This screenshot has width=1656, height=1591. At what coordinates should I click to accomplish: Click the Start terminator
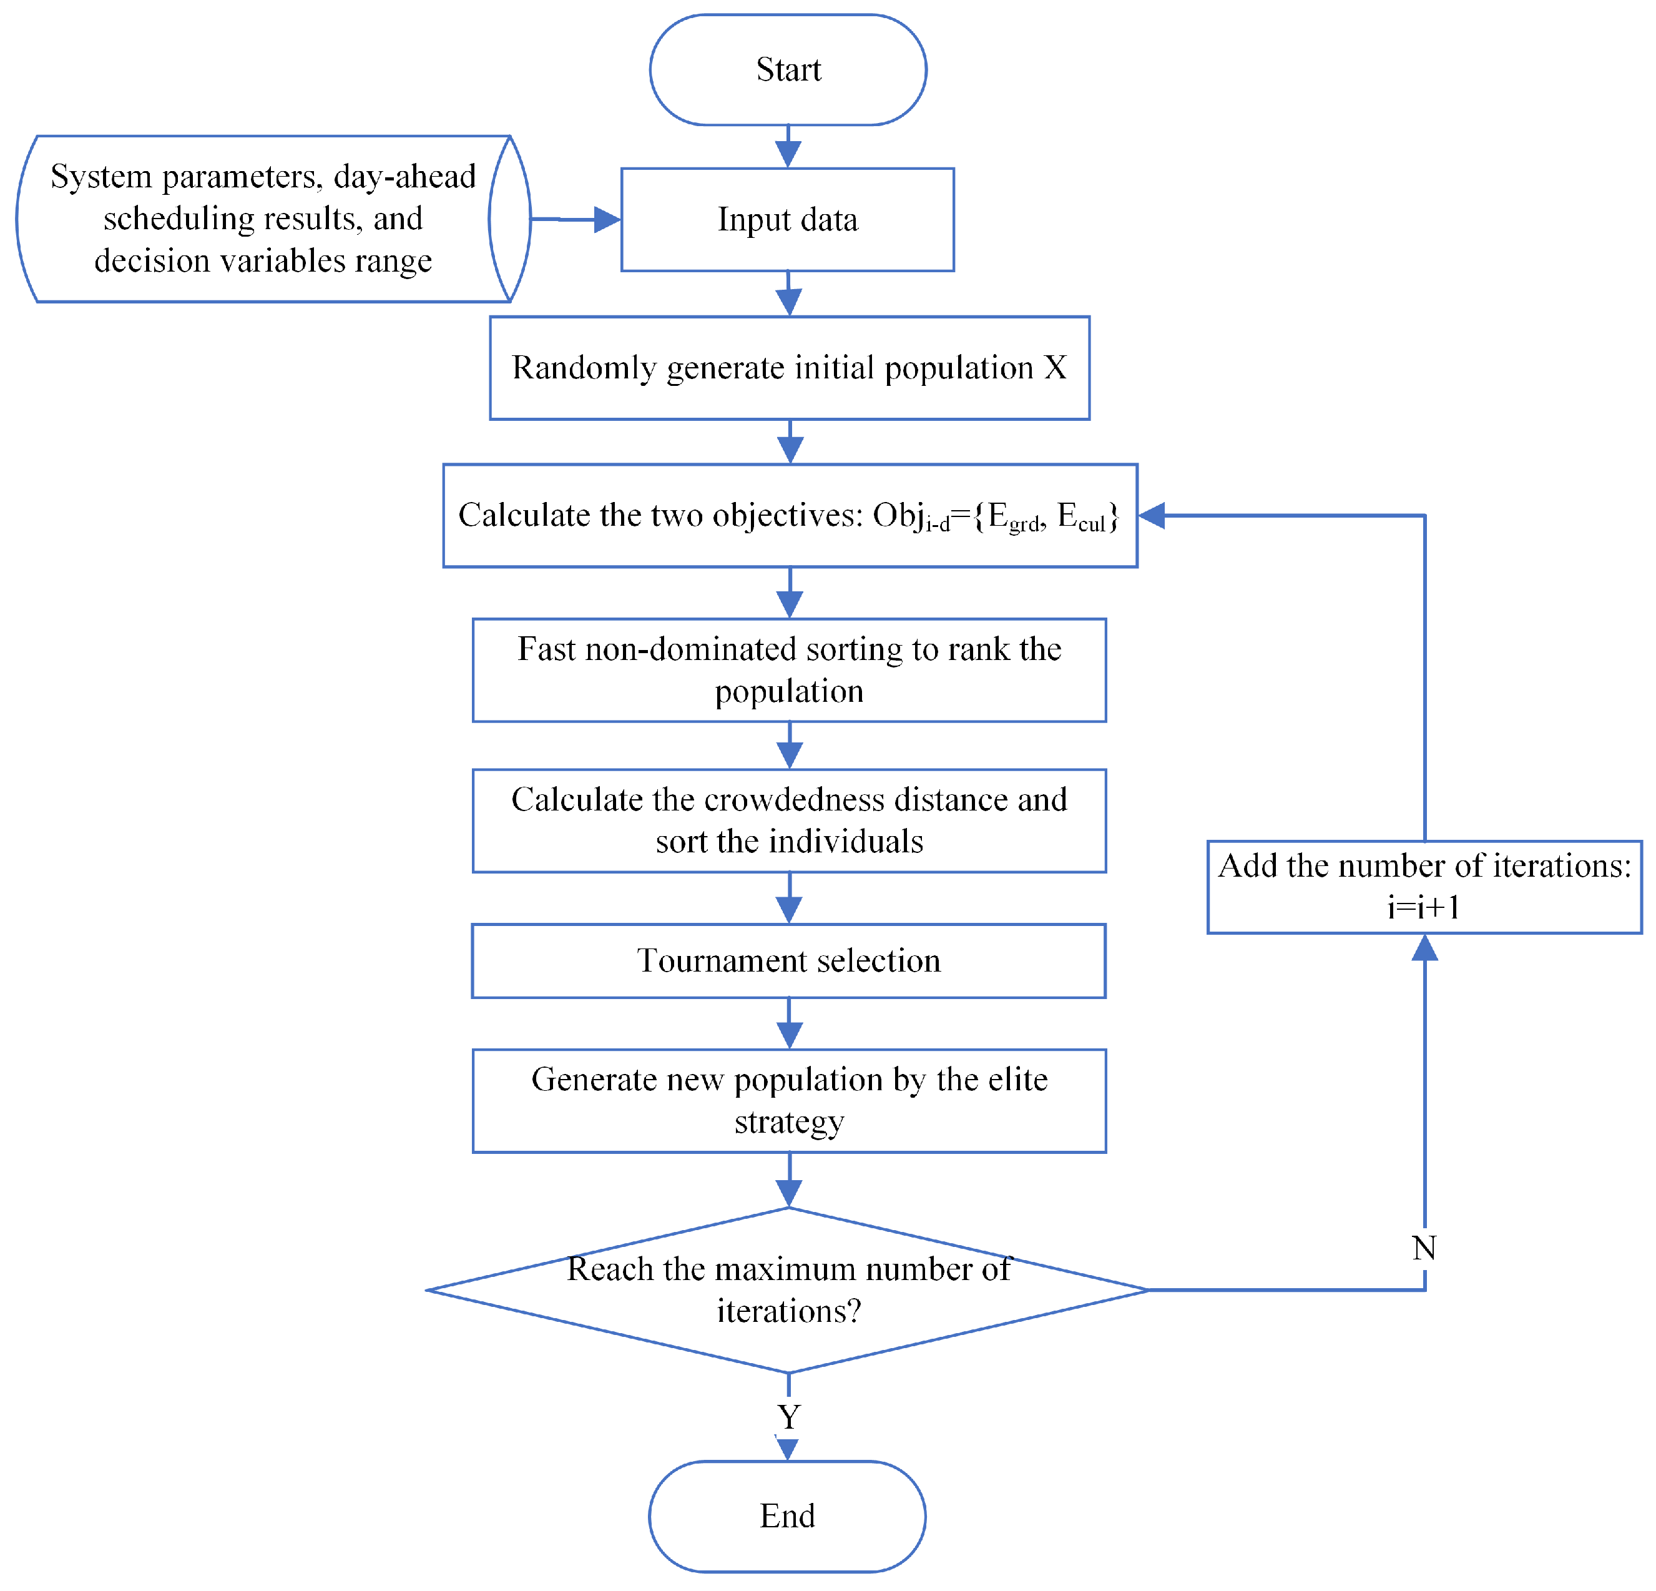(x=788, y=69)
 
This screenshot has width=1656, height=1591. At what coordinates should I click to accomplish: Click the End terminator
(x=786, y=1516)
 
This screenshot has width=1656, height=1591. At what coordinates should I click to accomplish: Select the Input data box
(x=788, y=220)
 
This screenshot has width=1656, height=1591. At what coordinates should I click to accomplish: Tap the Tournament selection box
(x=788, y=960)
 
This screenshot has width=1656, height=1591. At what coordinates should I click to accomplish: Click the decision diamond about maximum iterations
(x=788, y=1290)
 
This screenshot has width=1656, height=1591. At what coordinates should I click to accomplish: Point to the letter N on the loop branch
(x=1424, y=1248)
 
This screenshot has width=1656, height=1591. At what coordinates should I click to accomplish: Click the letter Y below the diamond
(x=788, y=1417)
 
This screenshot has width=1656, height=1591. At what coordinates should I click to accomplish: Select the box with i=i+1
(x=1424, y=887)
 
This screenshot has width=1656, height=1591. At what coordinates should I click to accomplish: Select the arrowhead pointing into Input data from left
(x=607, y=220)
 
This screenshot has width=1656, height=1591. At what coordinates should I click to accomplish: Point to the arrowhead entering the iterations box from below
(x=1424, y=948)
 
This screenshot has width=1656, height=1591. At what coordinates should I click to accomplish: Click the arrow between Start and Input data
(x=788, y=147)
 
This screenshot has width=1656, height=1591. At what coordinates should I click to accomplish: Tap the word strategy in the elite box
(x=788, y=1122)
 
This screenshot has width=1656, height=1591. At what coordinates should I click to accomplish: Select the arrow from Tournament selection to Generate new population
(x=789, y=1024)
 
